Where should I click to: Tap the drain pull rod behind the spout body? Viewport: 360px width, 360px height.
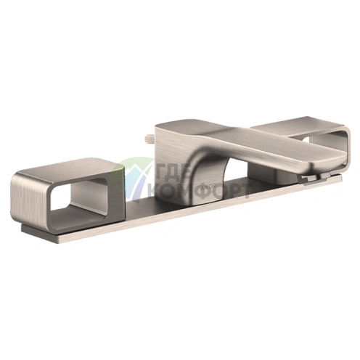click(x=150, y=139)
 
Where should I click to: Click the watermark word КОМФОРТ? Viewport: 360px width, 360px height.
click(x=197, y=190)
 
